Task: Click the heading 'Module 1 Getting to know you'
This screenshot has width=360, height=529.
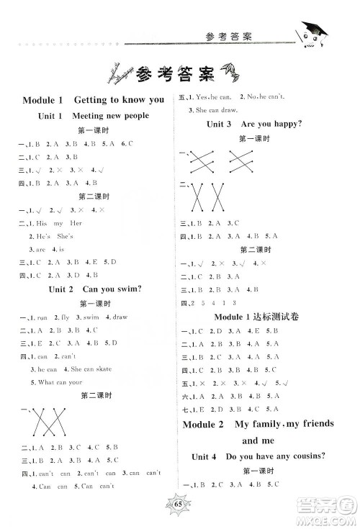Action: click(x=94, y=99)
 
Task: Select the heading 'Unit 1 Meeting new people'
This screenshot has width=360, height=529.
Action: click(x=94, y=116)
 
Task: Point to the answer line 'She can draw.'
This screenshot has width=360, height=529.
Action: click(x=208, y=109)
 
